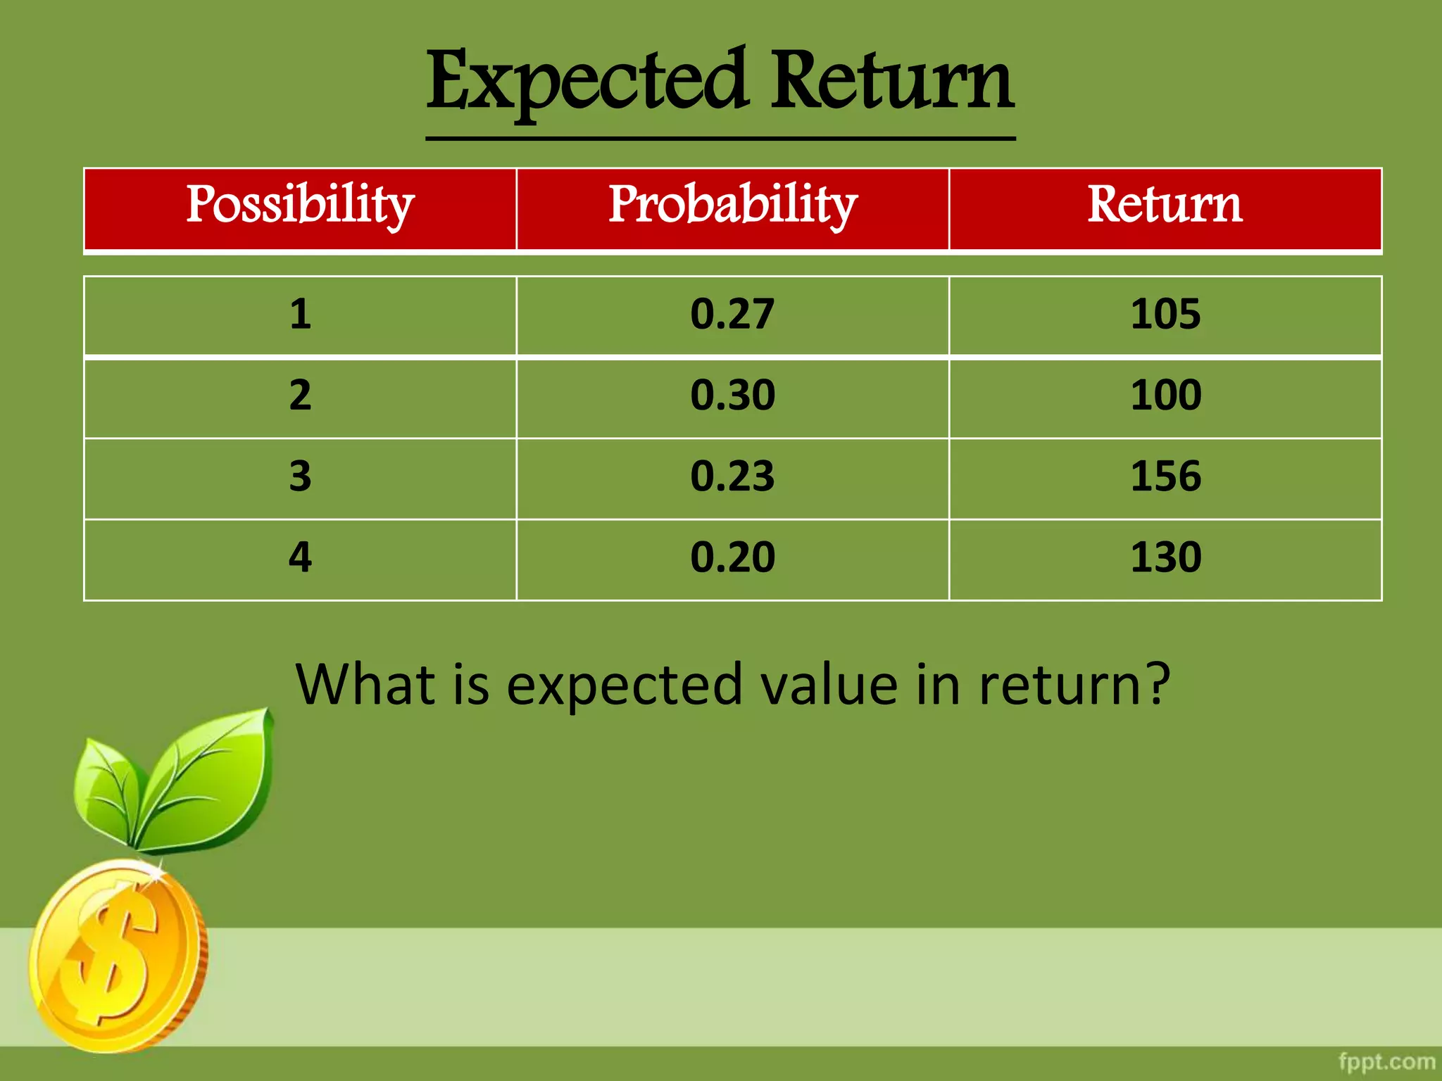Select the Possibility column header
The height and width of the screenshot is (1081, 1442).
[x=300, y=205]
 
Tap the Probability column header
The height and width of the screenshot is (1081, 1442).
[x=732, y=205]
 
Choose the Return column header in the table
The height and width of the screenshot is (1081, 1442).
[x=1165, y=205]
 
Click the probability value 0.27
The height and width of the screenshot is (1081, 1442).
[x=732, y=314]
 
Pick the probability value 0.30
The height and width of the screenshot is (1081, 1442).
[x=732, y=395]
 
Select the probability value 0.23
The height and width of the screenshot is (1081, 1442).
[x=732, y=476]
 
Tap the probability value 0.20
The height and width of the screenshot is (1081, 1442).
[x=732, y=557]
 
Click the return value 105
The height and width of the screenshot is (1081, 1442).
[x=1165, y=314]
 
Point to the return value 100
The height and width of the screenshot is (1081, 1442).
[x=1165, y=395]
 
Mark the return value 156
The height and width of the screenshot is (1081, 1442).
[x=1165, y=476]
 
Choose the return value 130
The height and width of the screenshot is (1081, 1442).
[x=1165, y=557]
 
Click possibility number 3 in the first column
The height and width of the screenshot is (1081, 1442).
[x=300, y=476]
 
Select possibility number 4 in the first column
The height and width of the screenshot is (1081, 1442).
[x=300, y=557]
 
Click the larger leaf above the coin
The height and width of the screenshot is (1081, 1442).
[x=211, y=774]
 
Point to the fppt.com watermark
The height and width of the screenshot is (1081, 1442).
[x=1386, y=1061]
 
